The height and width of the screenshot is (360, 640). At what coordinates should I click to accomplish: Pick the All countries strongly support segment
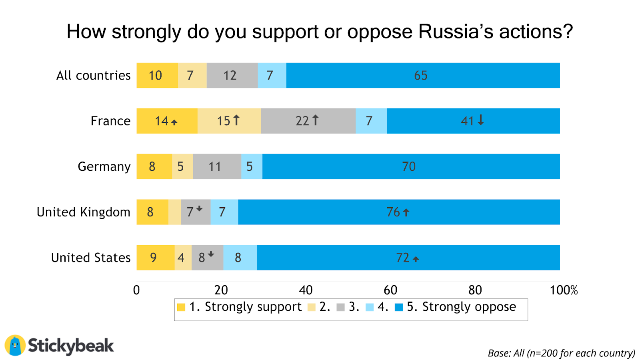click(157, 75)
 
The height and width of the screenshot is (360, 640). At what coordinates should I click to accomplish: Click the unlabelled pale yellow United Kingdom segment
click(174, 212)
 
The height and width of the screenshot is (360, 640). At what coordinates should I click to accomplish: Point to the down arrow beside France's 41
click(481, 120)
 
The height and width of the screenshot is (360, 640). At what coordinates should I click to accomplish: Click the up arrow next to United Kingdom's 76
click(406, 212)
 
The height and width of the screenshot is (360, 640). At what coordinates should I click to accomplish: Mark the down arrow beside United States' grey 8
click(211, 254)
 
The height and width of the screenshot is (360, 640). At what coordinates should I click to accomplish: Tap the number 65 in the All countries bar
click(420, 75)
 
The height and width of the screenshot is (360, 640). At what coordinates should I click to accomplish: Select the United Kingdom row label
click(83, 212)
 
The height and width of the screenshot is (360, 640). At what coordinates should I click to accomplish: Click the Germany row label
click(104, 166)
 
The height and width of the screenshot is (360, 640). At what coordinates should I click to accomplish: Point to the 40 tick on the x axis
click(306, 290)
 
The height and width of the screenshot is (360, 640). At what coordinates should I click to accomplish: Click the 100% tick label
click(564, 290)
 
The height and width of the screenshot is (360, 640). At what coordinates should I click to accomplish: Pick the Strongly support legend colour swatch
click(181, 307)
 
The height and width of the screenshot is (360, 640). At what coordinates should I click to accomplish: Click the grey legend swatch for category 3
click(341, 307)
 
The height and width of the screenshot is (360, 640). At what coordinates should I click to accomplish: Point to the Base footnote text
click(561, 353)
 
